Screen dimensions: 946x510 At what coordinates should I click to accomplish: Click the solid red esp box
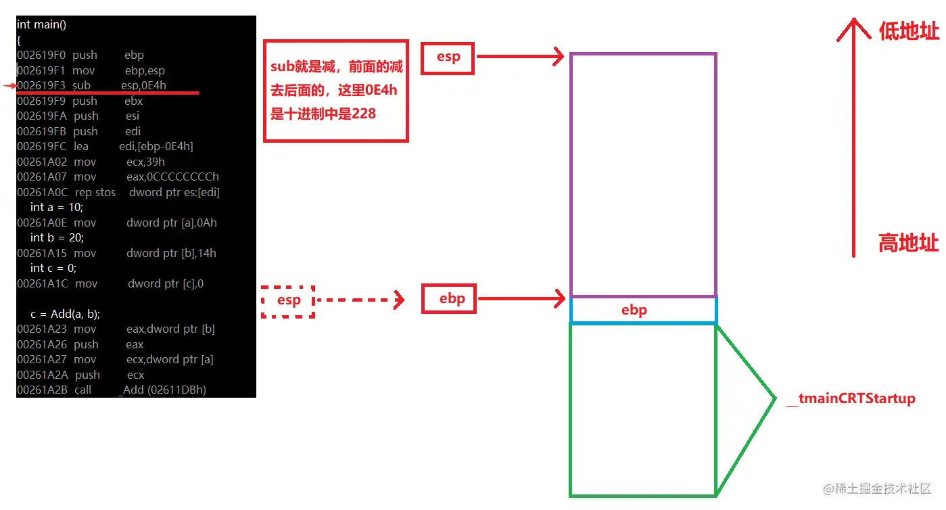click(448, 57)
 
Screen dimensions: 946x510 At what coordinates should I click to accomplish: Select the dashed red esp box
click(288, 300)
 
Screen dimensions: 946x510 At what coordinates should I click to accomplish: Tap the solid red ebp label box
click(449, 299)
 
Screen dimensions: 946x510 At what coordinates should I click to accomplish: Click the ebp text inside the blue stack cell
click(634, 310)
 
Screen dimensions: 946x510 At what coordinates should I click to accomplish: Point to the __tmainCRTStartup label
click(851, 398)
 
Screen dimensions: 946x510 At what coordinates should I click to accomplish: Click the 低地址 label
click(908, 31)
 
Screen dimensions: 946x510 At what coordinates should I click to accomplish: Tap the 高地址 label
click(908, 242)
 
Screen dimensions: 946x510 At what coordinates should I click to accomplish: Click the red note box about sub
click(335, 91)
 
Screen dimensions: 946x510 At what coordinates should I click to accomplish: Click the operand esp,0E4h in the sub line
click(143, 85)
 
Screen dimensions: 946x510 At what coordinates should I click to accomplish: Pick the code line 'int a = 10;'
click(57, 207)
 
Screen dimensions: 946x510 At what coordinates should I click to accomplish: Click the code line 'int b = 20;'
click(57, 237)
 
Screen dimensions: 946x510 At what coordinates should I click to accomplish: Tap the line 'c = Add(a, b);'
click(65, 314)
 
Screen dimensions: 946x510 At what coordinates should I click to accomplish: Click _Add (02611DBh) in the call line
click(162, 390)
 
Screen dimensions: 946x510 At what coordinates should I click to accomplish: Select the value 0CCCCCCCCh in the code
click(172, 177)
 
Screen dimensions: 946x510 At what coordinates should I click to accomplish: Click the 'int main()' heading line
click(41, 25)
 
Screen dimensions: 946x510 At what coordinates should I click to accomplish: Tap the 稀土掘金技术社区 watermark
click(877, 488)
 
